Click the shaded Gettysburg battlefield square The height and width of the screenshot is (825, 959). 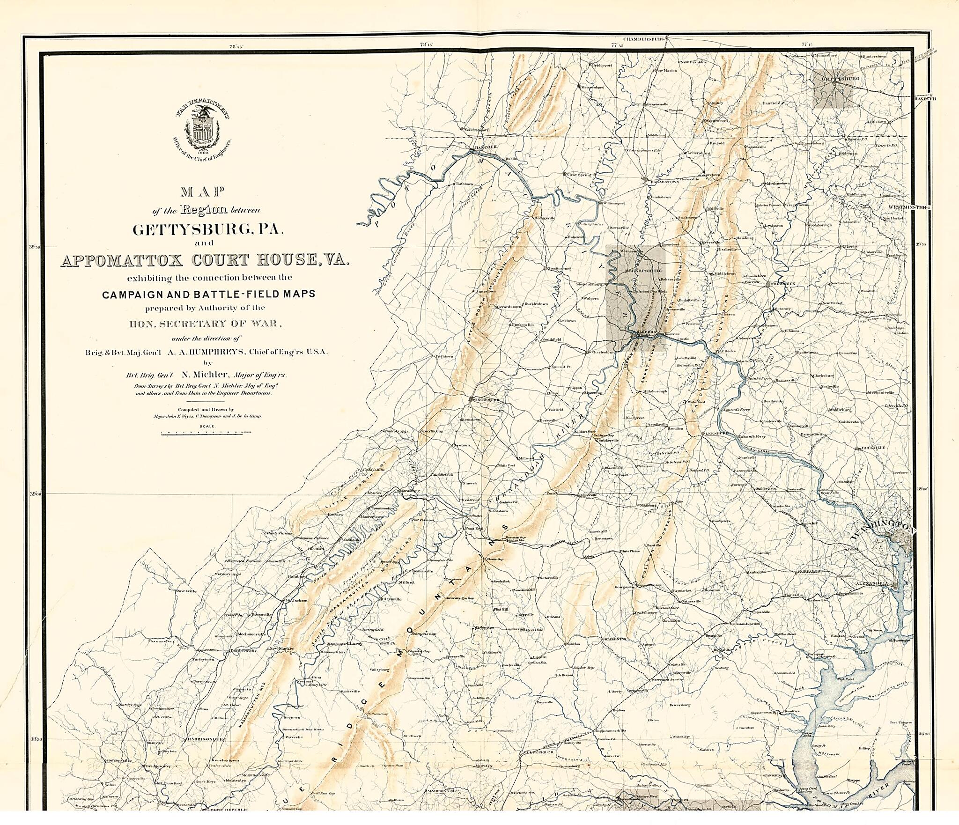832,89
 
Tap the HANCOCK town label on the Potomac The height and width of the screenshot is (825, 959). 486,147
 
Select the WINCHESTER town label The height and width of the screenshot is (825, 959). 486,400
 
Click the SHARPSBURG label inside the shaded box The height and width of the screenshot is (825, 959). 645,271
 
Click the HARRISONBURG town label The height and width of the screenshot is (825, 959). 206,739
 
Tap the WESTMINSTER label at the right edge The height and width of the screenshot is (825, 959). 907,207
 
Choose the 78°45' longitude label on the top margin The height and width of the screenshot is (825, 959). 236,46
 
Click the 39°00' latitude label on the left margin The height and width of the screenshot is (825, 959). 36,494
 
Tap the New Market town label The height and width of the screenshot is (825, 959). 280,649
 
